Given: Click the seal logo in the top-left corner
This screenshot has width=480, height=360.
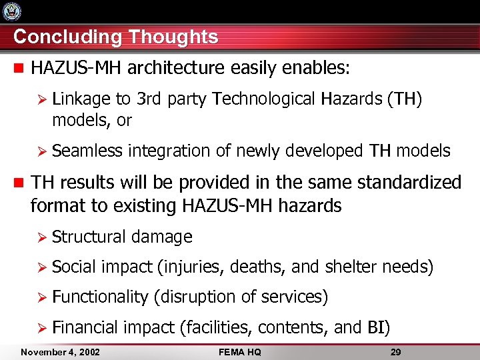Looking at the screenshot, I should pos(12,11).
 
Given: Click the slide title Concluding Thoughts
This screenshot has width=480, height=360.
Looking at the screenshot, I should pos(115,37).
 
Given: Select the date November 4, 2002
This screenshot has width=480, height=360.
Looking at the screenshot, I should pos(60,351).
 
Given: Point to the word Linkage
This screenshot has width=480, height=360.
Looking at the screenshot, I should pos(81,99).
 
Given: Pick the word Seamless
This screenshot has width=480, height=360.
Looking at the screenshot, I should pos(87,151).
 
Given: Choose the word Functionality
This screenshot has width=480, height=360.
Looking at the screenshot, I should pos(100,297).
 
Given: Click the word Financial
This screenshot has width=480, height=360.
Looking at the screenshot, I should pos(85,327).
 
